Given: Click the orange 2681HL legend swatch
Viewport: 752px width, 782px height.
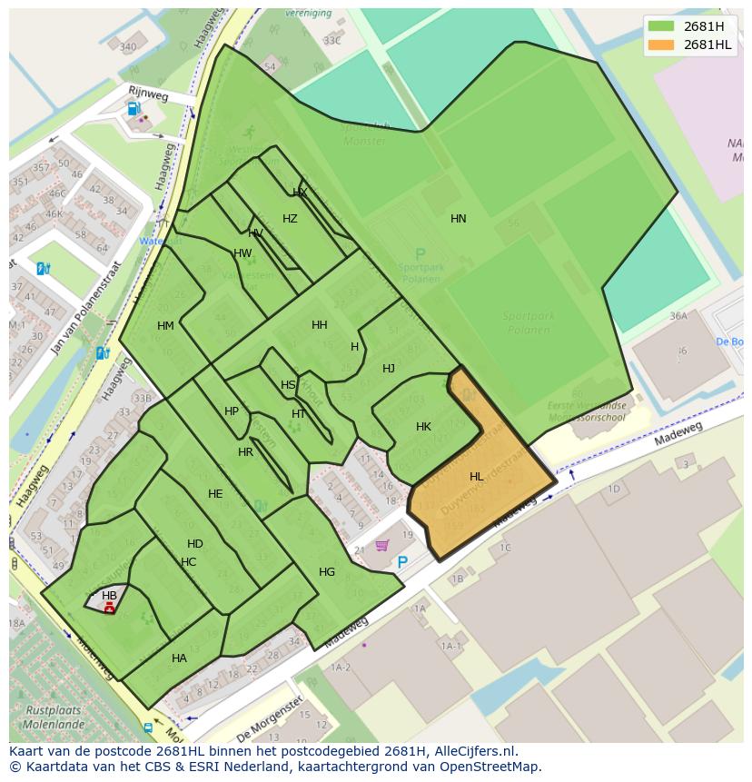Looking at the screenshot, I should tap(662, 44).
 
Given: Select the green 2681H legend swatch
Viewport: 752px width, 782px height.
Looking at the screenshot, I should tap(662, 25).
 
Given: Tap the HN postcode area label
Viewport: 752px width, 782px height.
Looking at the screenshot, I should tap(459, 219).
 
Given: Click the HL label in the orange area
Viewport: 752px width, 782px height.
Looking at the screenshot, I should tap(477, 477).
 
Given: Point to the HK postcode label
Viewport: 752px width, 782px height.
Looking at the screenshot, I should tap(423, 427).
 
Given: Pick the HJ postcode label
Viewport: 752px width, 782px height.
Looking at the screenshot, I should tap(389, 369).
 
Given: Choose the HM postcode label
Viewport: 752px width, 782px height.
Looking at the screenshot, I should tap(165, 326).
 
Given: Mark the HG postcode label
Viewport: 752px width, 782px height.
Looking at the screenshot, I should tap(327, 572).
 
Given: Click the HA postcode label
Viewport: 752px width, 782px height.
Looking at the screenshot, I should tap(179, 658).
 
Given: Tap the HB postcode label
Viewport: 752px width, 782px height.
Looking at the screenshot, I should tap(109, 596).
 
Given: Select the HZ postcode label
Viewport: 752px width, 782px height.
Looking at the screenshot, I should tap(290, 219).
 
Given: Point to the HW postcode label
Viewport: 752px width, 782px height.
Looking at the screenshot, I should tap(242, 253).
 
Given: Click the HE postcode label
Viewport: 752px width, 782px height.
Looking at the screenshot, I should tap(215, 494).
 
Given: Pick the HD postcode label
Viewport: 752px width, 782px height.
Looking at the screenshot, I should tap(195, 544).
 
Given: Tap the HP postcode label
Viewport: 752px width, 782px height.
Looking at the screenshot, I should tap(232, 411).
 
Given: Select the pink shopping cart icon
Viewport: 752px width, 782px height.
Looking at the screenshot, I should tap(382, 545).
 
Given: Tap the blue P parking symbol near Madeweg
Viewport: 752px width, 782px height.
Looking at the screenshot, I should tap(402, 562).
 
